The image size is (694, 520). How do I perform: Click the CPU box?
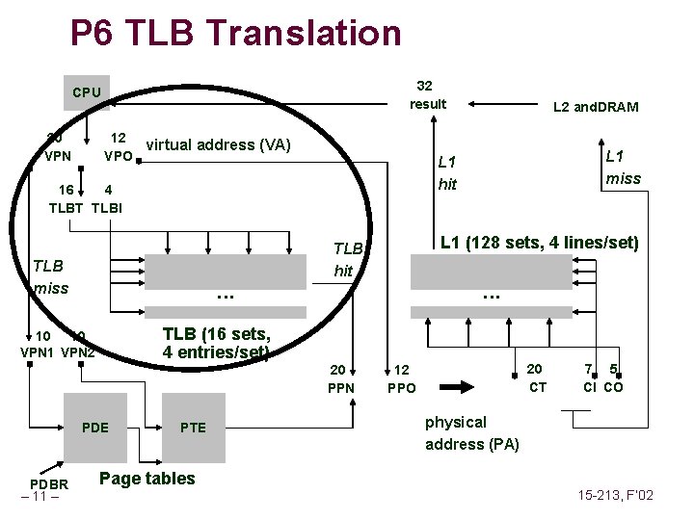86,92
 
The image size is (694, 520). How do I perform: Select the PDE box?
96,428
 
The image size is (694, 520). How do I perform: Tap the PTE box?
193,428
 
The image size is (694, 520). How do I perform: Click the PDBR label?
49,483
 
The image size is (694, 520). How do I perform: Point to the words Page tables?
147,479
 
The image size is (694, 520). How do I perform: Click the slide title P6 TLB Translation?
235,34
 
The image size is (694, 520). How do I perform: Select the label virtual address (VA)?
218,145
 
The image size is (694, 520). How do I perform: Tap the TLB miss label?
51,276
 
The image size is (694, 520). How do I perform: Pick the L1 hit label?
447,172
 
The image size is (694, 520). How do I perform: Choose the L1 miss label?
623,167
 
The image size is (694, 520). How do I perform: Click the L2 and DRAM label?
595,107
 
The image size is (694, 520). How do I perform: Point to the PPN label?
341,389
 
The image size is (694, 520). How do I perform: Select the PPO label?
401,389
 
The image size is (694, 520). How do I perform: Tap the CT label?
538,387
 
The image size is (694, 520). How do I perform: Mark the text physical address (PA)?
471,433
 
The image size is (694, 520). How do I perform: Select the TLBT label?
68,208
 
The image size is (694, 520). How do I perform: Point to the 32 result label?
427,94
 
